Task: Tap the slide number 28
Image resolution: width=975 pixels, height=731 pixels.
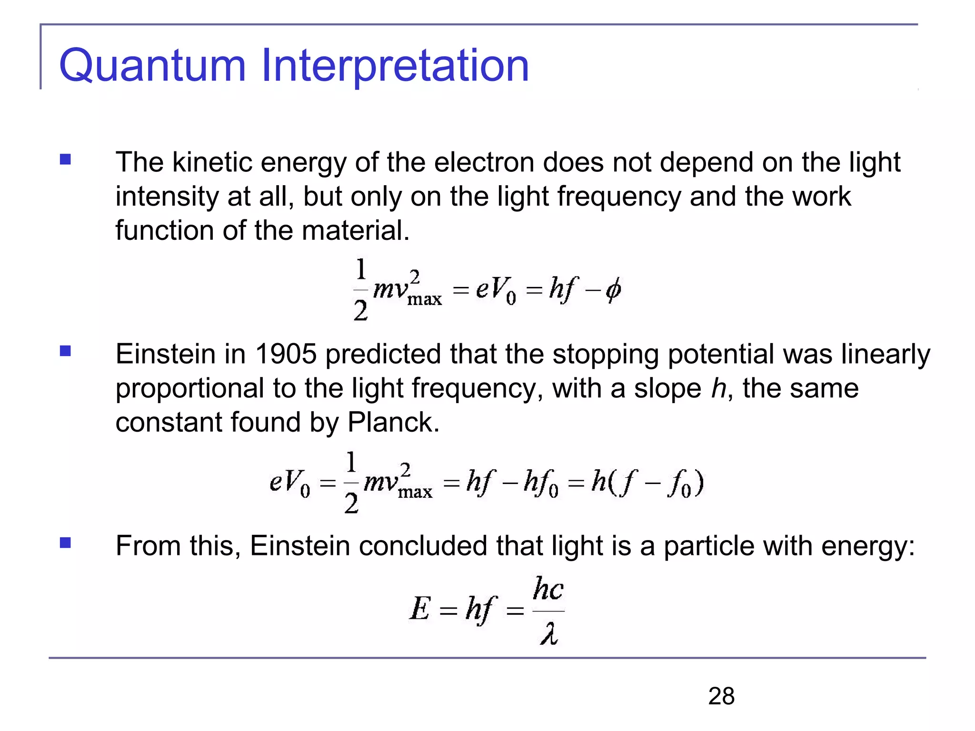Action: click(721, 696)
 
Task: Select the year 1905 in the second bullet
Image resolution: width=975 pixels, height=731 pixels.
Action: click(286, 354)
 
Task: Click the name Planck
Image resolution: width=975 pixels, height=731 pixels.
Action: click(393, 422)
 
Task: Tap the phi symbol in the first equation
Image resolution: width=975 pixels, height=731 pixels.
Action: click(613, 289)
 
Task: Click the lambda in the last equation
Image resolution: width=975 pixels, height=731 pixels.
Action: click(549, 634)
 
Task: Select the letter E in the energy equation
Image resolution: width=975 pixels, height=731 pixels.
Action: click(420, 609)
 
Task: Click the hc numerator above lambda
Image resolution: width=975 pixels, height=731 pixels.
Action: click(548, 589)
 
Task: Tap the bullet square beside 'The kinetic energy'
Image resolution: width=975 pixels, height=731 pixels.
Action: click(65, 159)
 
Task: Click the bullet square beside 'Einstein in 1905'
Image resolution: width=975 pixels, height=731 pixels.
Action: click(65, 351)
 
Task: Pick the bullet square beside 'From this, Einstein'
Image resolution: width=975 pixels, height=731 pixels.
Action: click(65, 543)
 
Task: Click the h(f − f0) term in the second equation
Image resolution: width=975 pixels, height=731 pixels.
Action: click(647, 483)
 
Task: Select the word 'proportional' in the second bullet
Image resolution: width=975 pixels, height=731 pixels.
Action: click(189, 389)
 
